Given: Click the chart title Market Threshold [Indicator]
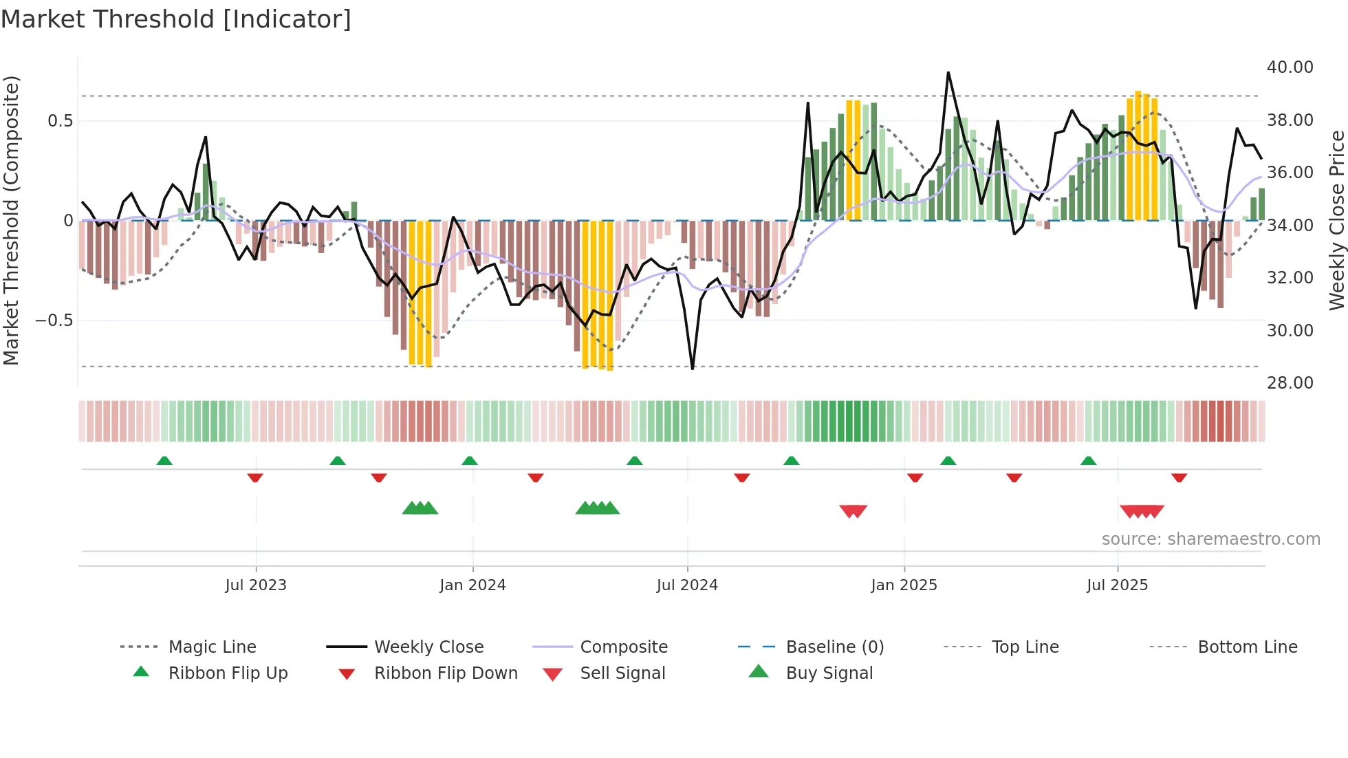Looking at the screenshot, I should [176, 19].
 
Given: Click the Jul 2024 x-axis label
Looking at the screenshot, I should [687, 585].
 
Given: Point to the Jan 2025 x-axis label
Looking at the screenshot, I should [904, 585].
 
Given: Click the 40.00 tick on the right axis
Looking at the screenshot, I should [1290, 67].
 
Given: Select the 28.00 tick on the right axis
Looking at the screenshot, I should [1290, 383].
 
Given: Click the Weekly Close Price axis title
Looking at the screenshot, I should [1336, 220].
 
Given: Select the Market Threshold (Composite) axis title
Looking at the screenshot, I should [11, 220].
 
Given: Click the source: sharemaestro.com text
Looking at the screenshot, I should [1210, 539].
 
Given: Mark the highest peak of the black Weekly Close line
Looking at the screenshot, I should [948, 72].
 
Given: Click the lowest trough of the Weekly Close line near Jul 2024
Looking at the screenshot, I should [693, 369].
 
